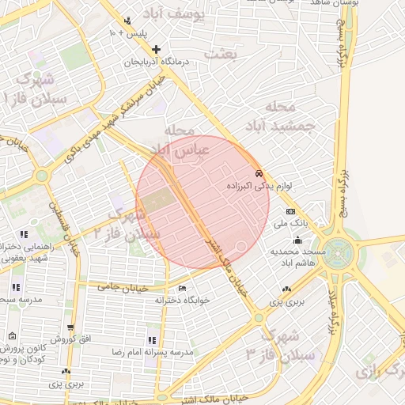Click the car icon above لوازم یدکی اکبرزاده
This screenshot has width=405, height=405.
(x=258, y=173)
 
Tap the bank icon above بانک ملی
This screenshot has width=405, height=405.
(x=290, y=212)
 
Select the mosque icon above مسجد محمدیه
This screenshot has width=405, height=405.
(x=297, y=240)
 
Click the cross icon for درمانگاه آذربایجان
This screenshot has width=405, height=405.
(x=156, y=50)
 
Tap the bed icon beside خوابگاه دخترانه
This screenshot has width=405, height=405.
(x=184, y=288)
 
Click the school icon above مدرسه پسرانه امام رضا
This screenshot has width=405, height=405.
(x=152, y=339)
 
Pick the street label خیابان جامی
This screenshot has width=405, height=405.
(x=119, y=286)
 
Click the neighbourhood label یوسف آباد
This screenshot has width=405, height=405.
(x=176, y=13)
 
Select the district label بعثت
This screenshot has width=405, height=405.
(x=221, y=54)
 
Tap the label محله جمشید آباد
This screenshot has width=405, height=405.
(x=286, y=116)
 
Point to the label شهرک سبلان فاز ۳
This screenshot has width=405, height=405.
(x=281, y=343)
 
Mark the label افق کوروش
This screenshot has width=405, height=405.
(x=75, y=339)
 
